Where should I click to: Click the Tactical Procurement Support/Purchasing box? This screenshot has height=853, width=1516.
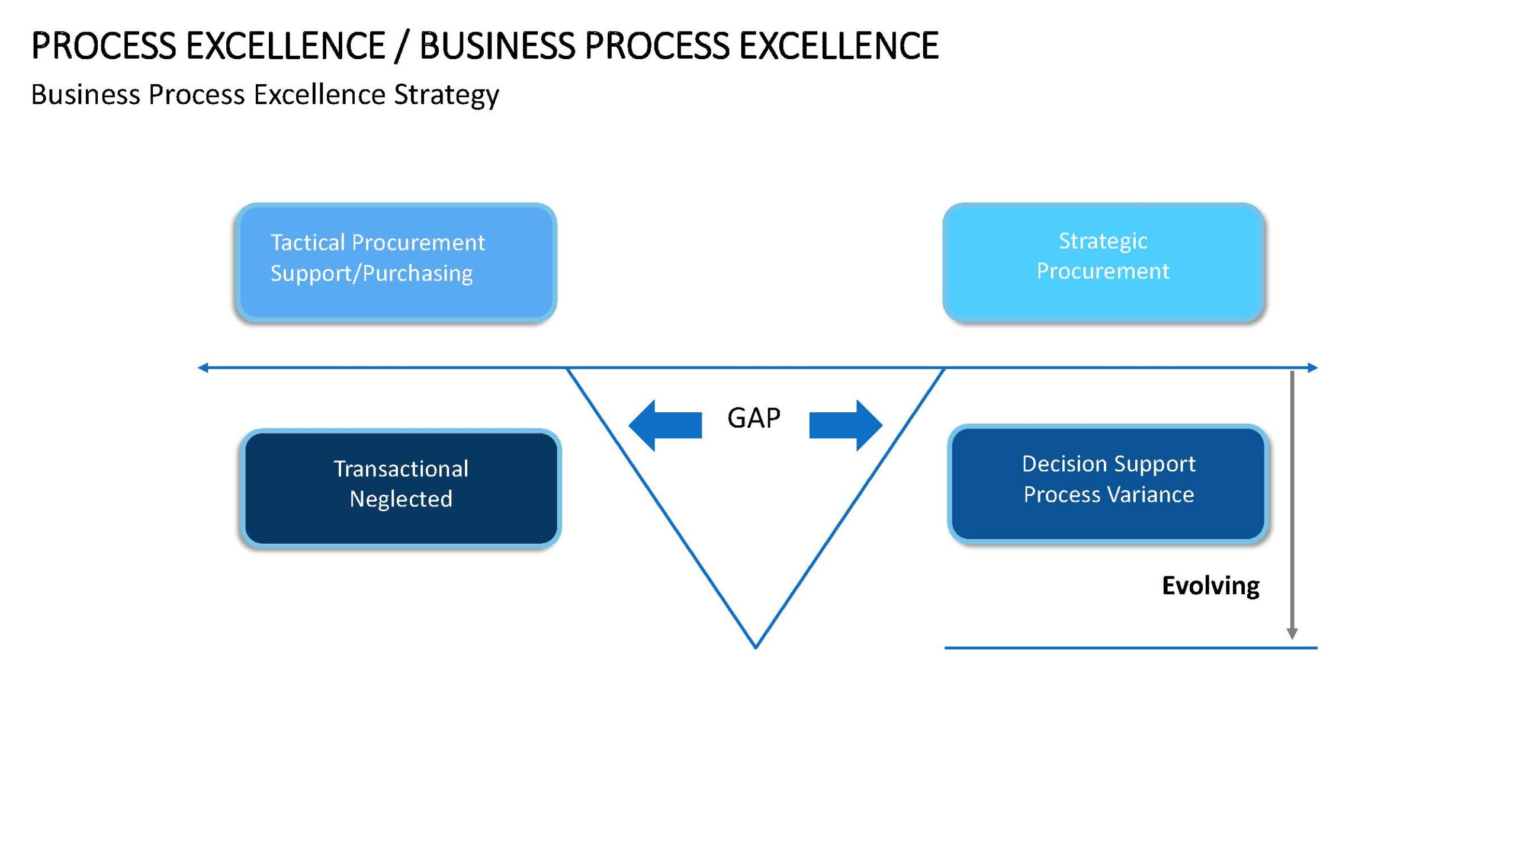click(396, 262)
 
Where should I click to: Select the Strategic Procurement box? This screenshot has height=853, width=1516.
click(1103, 262)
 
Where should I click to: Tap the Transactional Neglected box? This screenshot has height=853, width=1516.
click(401, 488)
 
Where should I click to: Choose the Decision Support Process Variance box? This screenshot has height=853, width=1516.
click(1108, 483)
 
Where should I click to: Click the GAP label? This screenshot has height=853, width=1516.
click(754, 418)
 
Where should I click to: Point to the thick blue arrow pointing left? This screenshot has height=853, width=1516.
click(665, 425)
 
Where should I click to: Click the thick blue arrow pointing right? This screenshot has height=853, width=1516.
click(846, 425)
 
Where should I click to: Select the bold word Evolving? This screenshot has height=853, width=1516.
click(1210, 586)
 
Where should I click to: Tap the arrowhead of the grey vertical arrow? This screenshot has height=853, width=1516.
click(1292, 634)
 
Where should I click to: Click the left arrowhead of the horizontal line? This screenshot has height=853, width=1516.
click(203, 368)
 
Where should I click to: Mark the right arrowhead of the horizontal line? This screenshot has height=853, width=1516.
click(1313, 368)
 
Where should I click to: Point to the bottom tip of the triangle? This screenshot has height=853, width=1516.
click(756, 648)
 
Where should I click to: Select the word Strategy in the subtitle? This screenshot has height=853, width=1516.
click(447, 95)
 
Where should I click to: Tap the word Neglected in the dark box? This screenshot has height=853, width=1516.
click(401, 499)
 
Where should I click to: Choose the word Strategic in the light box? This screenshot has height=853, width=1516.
click(1103, 242)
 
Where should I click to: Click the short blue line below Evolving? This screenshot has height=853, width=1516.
click(1131, 648)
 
